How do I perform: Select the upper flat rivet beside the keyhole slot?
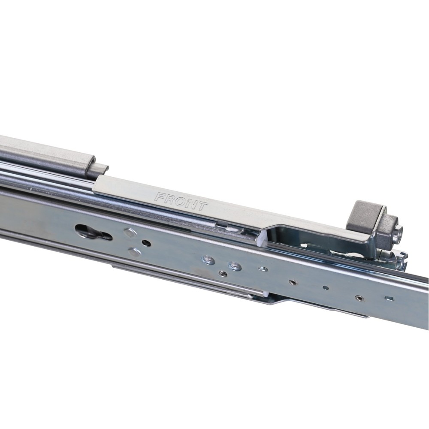pos(130,233)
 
